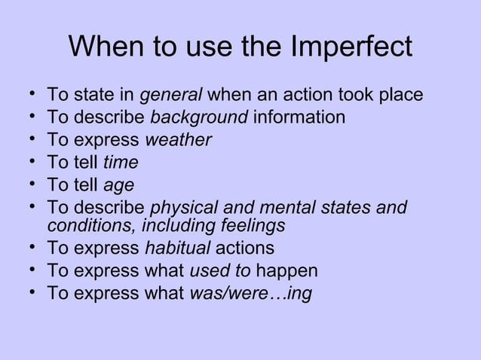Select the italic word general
tap(171, 96)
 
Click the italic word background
tap(199, 117)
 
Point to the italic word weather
tap(178, 139)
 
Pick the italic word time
tap(121, 161)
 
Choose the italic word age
tap(118, 183)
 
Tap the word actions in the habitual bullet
tap(245, 248)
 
